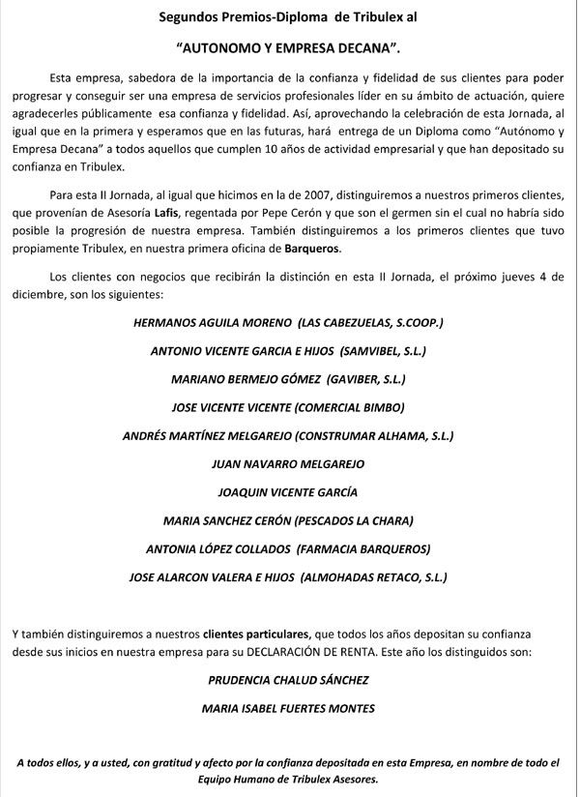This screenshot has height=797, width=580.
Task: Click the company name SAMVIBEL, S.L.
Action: click(x=379, y=349)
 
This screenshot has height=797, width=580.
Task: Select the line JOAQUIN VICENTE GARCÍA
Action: click(x=289, y=492)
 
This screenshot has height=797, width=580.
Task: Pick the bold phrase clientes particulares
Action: click(x=256, y=635)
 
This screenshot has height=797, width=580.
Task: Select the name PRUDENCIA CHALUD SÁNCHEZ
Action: click(x=288, y=680)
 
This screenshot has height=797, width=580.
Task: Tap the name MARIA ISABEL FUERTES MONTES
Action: click(x=289, y=708)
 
